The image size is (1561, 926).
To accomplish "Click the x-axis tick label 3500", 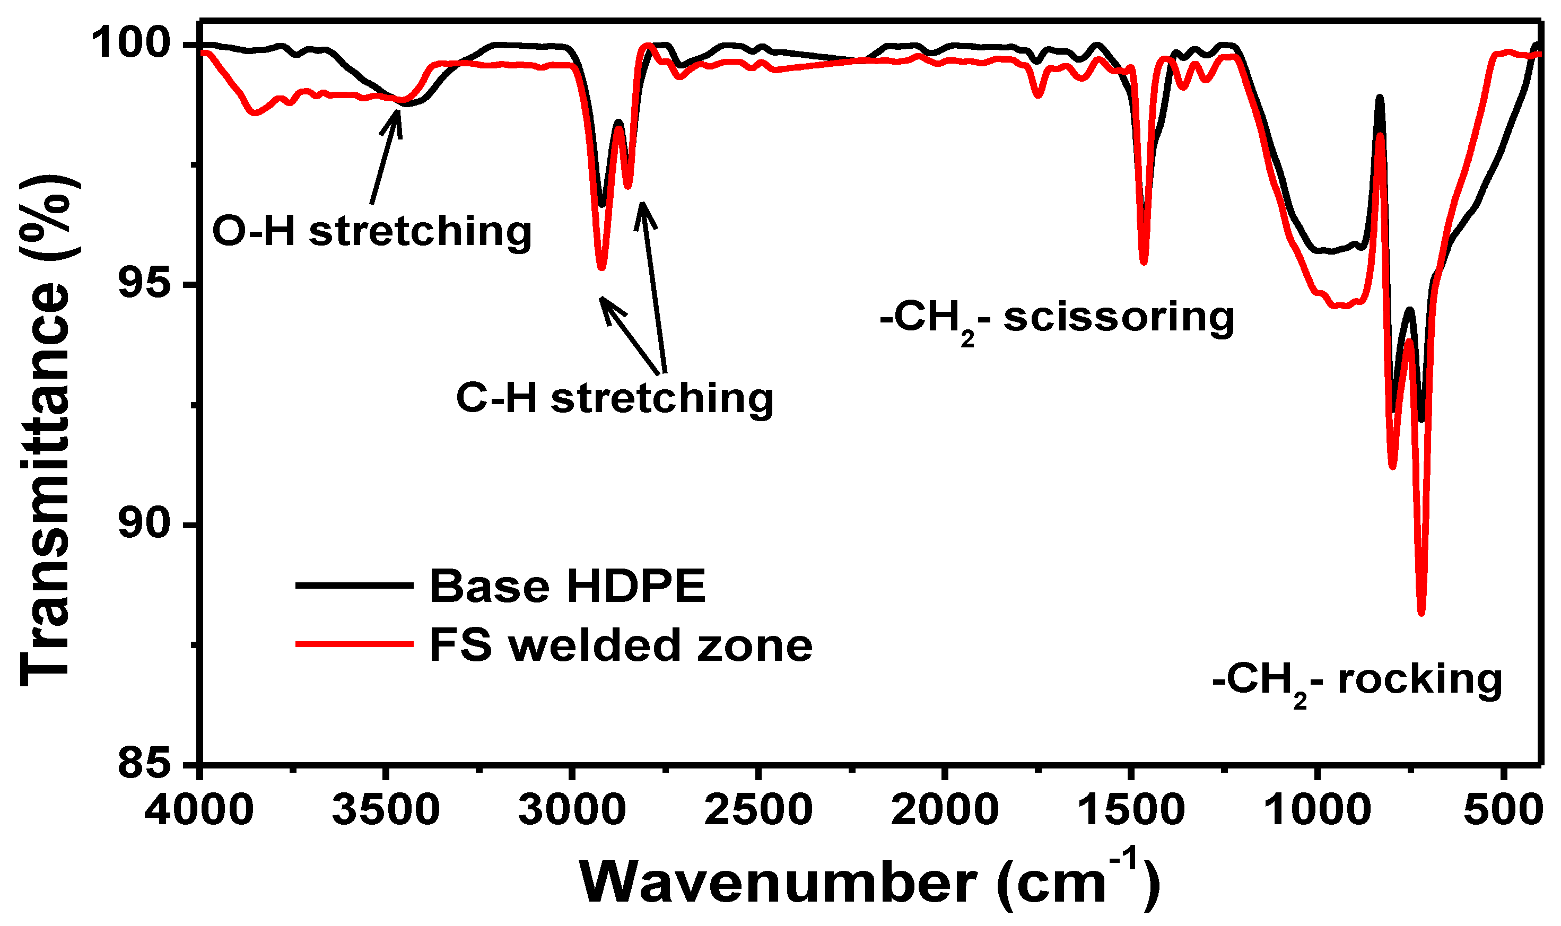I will point(386,810).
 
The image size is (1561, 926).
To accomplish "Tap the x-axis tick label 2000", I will point(944,810).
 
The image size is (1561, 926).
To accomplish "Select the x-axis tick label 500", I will point(1504,810).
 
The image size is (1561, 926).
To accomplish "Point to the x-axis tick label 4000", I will point(199,810).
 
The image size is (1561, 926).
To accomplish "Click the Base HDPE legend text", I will point(567,586).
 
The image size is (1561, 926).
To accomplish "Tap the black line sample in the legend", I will point(354,586).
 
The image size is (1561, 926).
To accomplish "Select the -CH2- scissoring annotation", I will point(1057,319).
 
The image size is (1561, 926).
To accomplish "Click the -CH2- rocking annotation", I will point(1357,681).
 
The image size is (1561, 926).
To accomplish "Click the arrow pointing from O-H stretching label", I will point(385,156).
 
